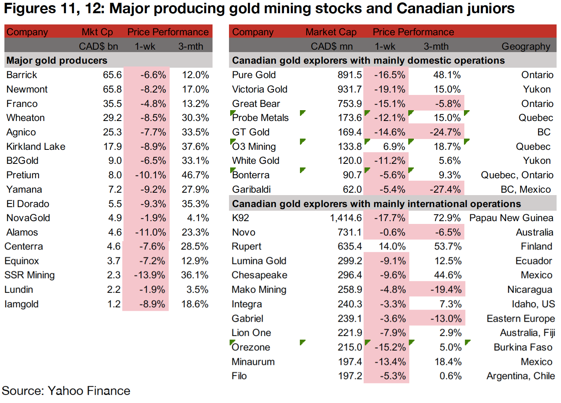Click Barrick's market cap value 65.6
(112, 75)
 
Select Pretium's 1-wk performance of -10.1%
(150, 175)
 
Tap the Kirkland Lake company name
(36, 147)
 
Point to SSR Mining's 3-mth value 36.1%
(195, 275)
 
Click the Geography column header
(526, 46)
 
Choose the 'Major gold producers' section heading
(57, 60)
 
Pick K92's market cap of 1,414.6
(346, 218)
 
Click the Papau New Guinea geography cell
(511, 218)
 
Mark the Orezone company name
(251, 347)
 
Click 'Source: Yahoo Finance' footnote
(66, 391)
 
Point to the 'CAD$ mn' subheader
(332, 46)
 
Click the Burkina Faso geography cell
(523, 347)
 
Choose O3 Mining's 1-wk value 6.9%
(394, 147)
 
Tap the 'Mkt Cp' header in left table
(97, 32)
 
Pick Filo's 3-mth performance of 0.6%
(450, 376)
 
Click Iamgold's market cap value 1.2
(114, 304)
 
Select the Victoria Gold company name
(259, 89)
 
